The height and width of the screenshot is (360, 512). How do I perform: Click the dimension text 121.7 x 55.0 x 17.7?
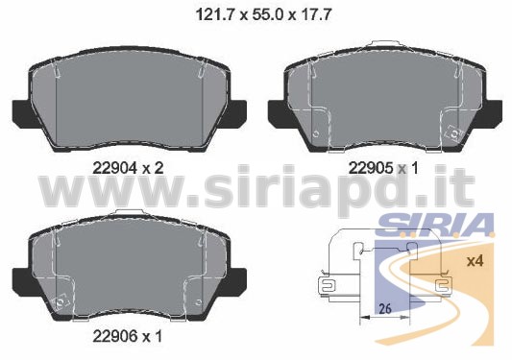(x=263, y=15)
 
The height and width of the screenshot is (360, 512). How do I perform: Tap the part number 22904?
(x=114, y=168)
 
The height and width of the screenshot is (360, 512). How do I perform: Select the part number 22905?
(x=370, y=168)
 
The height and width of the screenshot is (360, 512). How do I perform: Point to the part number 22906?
(x=114, y=336)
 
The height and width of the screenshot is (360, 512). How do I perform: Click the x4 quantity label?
(x=475, y=261)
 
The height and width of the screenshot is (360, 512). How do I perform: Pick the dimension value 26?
(x=385, y=308)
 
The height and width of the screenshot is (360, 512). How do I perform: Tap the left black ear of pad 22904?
(x=23, y=112)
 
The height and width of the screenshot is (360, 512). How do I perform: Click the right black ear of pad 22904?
(x=235, y=112)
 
